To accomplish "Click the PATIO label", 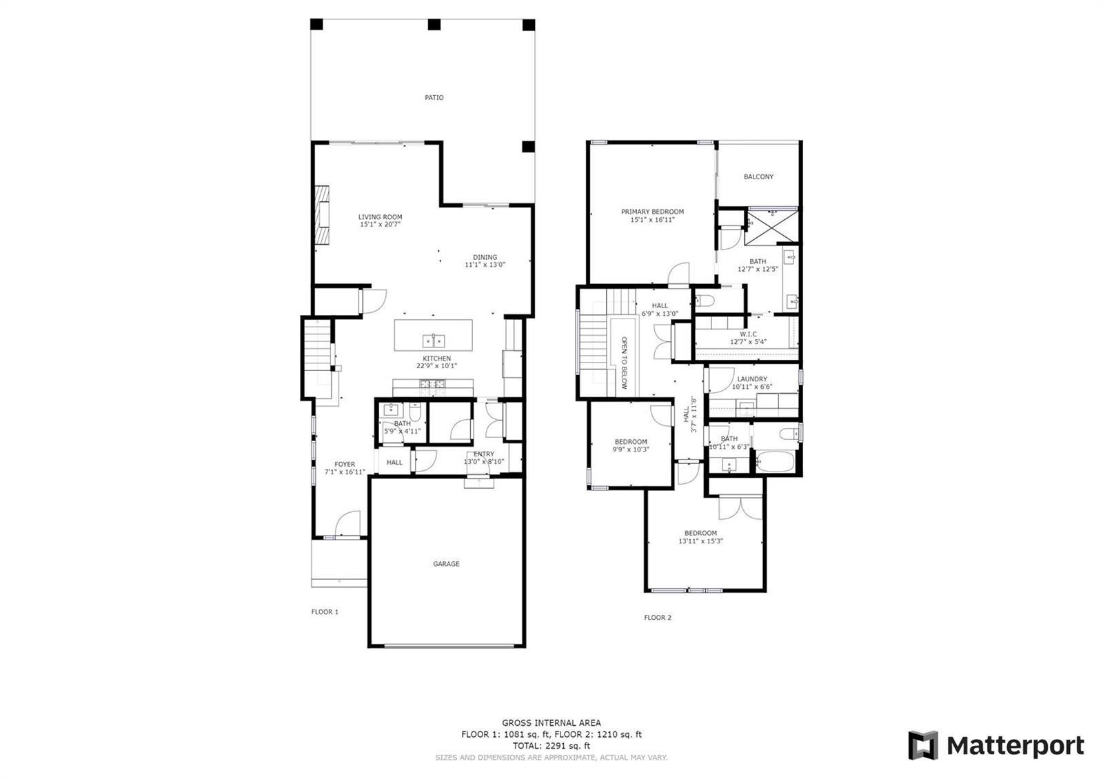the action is (434, 97).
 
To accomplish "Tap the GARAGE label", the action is (446, 564).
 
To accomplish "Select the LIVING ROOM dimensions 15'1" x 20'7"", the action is (380, 225).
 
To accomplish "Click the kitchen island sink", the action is (434, 341).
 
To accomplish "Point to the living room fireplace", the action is (322, 214).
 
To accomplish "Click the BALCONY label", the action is (758, 176).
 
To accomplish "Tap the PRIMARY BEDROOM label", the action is (652, 212).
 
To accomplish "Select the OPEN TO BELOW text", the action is (624, 363).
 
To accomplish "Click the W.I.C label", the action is (748, 334).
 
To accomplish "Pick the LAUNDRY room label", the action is (752, 378).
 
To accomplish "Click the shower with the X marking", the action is (771, 227).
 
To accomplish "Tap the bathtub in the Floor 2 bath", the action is (775, 462).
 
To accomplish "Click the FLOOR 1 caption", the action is (325, 611).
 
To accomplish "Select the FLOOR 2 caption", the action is (658, 618).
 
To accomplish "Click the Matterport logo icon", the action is (923, 745).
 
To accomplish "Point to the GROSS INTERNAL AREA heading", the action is (551, 723).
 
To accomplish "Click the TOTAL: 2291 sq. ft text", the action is (551, 745).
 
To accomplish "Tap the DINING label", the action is (485, 257).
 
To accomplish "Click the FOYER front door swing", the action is (347, 523).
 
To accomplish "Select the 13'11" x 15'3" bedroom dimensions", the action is (700, 541).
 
